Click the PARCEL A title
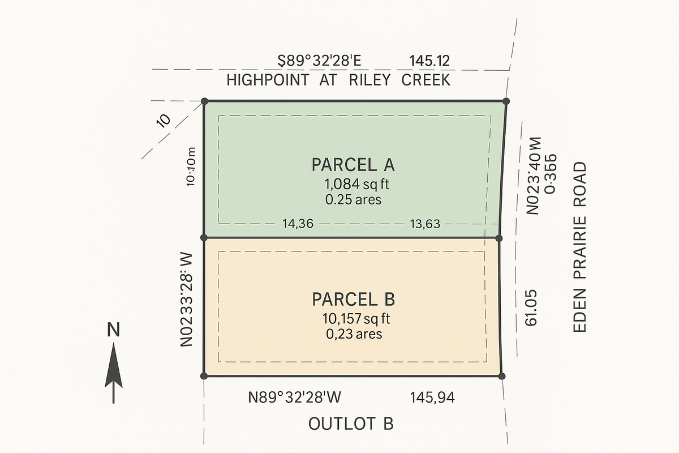coord(353,165)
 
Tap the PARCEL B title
coord(353,298)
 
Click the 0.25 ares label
coord(353,199)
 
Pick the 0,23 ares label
coord(354,334)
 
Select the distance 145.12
coord(429,61)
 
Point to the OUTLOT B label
coord(351,424)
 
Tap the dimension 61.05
coord(531,309)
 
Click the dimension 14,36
coord(298,224)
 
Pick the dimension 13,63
coord(424,224)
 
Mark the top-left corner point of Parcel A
coord(205,101)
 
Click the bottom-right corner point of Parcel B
coord(501,375)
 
